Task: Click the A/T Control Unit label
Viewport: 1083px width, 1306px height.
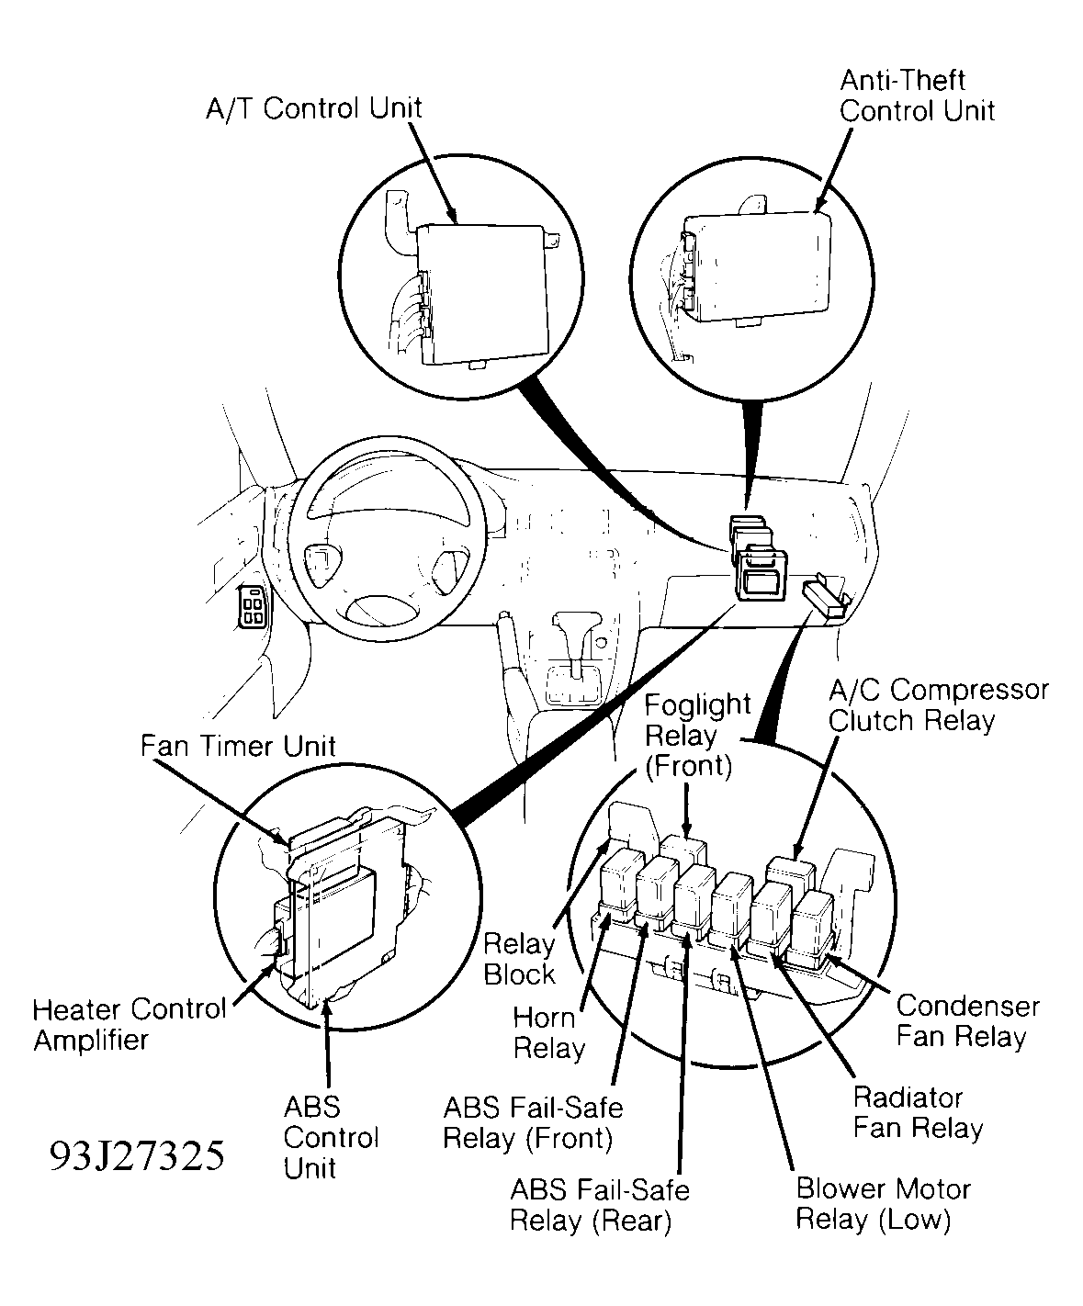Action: [x=313, y=108]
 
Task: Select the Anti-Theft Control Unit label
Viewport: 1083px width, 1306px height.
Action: [x=916, y=96]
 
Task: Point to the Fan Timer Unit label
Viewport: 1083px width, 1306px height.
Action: [x=238, y=745]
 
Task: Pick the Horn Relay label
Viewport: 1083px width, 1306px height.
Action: [x=548, y=1032]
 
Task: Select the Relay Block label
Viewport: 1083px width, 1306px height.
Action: [x=519, y=959]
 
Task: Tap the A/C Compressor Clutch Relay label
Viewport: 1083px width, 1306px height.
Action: [x=937, y=704]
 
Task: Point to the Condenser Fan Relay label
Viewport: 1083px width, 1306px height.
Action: [x=967, y=1020]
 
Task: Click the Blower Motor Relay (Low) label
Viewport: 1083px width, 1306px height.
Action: [x=882, y=1204]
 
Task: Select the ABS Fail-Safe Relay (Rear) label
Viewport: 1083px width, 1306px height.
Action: [x=599, y=1205]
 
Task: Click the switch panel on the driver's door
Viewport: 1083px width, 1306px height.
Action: [x=252, y=607]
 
